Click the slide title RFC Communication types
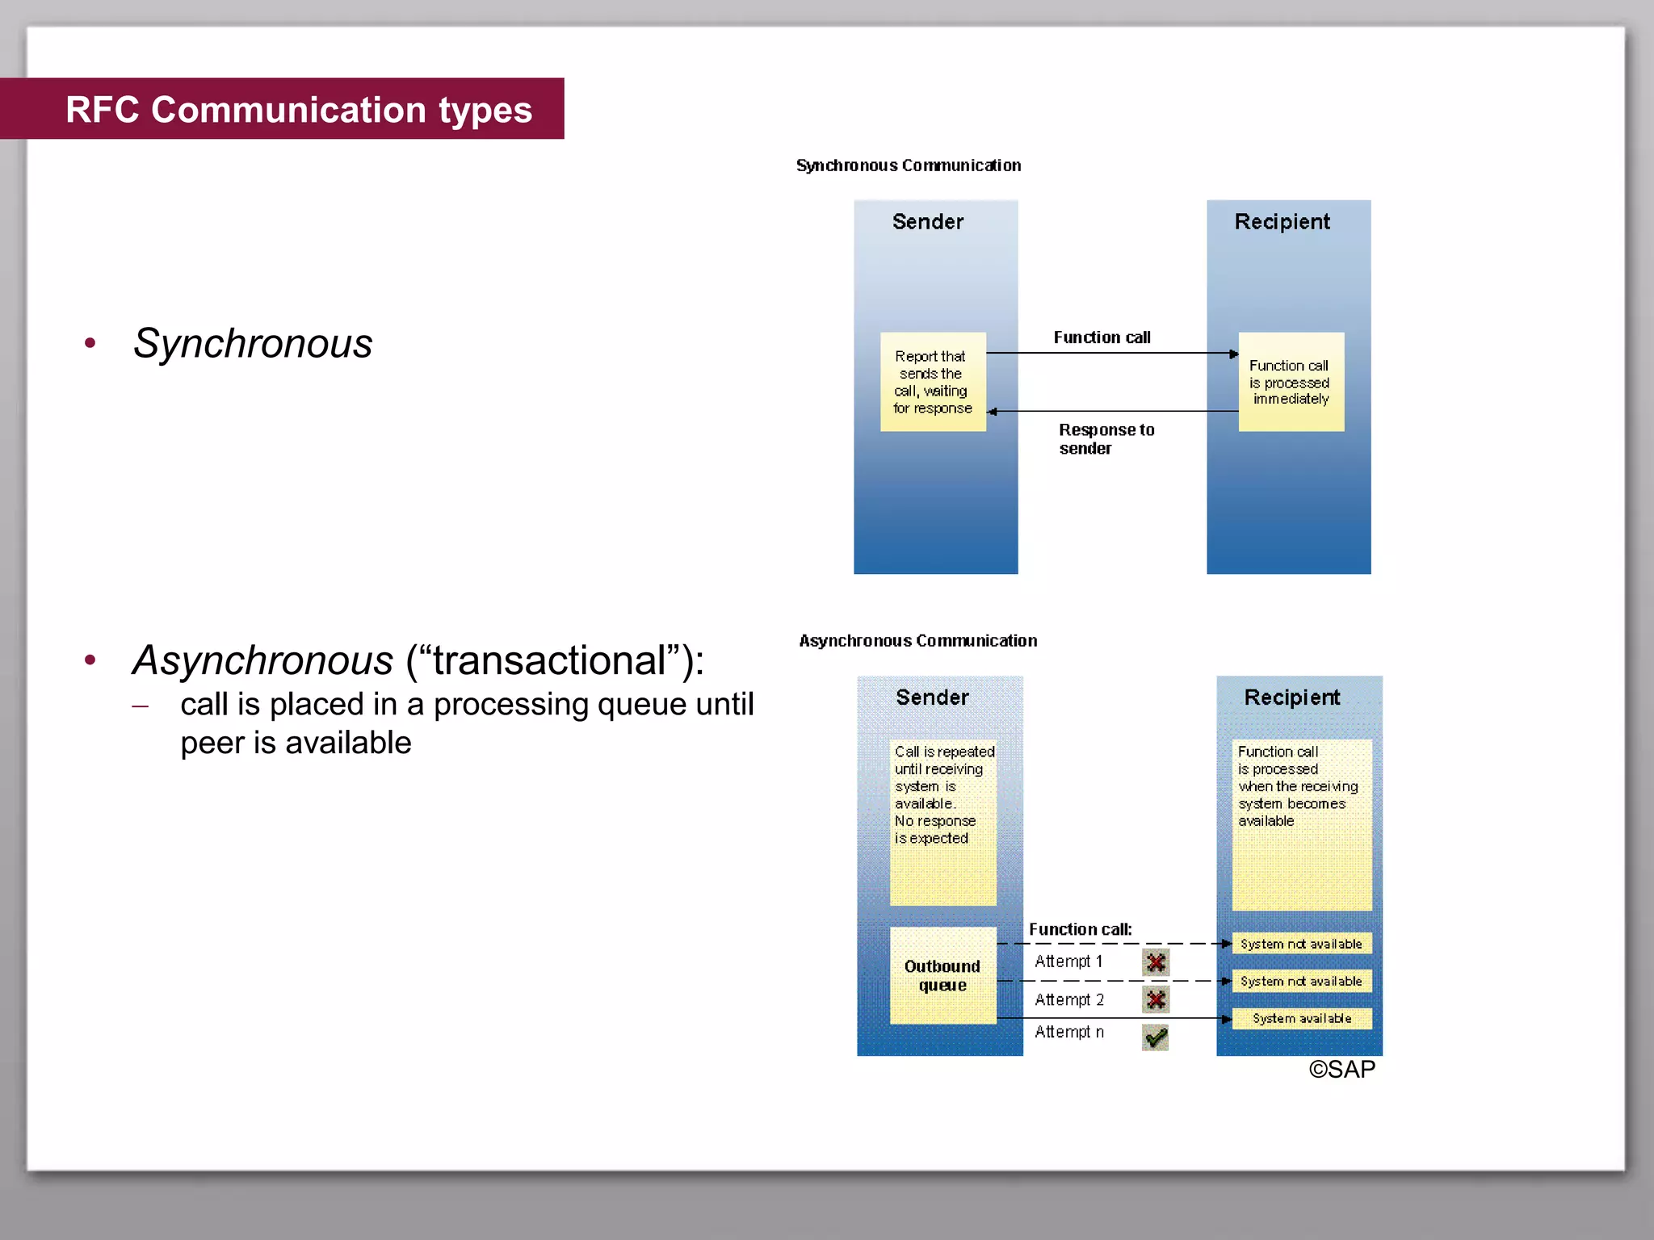(298, 110)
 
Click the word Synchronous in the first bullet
(253, 343)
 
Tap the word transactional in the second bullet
(548, 660)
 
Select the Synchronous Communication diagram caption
(908, 165)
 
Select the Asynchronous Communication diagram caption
(917, 641)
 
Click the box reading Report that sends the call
(932, 382)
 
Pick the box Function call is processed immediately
(1291, 382)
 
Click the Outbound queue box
(942, 975)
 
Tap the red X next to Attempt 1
(1156, 962)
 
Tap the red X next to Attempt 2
(1156, 999)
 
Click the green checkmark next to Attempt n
(1156, 1037)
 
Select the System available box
(1301, 1019)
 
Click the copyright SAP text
(1341, 1070)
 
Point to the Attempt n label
(1068, 1033)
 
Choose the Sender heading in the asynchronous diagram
(932, 697)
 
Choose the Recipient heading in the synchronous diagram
(1282, 222)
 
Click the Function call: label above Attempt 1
(1080, 929)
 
